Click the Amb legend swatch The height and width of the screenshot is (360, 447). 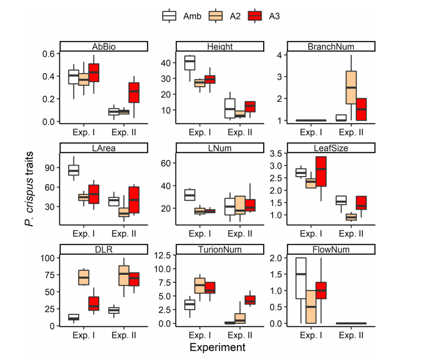tap(169, 16)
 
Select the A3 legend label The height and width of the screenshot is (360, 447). tap(274, 16)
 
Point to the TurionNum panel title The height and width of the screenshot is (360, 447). tap(217, 249)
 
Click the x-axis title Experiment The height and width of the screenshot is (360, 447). tap(217, 347)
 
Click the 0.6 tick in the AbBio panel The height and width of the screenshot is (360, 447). tap(48, 54)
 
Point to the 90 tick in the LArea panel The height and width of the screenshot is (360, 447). tap(51, 168)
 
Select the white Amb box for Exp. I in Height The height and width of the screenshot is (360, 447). tap(190, 63)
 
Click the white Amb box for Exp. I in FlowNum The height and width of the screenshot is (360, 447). tap(301, 278)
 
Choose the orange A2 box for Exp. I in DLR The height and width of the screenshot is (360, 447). tap(84, 277)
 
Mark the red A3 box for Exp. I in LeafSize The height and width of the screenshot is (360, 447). tap(320, 171)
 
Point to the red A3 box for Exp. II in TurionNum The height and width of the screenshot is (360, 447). tap(251, 300)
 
